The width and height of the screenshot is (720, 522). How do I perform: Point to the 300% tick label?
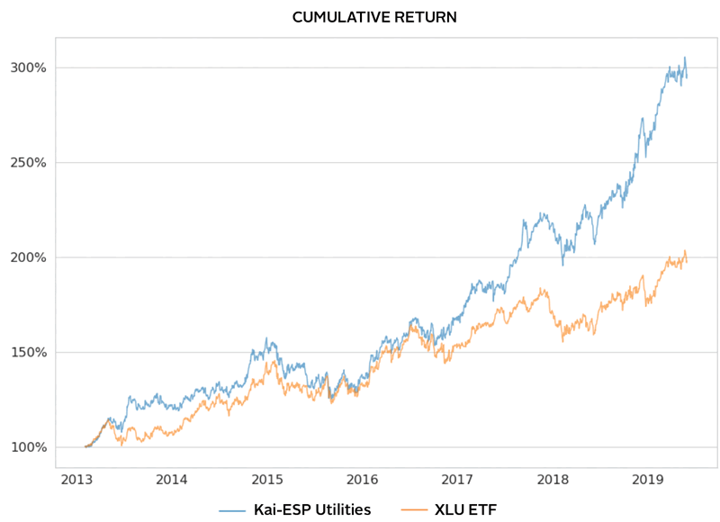30,67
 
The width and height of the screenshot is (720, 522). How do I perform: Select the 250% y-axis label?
30,163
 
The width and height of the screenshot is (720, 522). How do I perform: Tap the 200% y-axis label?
30,257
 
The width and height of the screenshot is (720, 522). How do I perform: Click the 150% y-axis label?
30,353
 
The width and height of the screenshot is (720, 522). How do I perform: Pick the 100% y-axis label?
30,447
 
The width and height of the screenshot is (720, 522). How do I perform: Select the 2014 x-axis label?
172,481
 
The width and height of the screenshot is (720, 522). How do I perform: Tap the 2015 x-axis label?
267,481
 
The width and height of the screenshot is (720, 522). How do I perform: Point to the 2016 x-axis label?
363,481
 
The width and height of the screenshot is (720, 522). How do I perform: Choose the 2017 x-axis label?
458,481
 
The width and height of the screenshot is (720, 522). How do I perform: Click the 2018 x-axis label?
553,481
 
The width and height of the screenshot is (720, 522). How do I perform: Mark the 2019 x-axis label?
648,481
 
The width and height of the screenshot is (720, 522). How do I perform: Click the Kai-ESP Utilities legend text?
310,509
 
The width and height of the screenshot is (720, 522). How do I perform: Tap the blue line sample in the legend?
231,510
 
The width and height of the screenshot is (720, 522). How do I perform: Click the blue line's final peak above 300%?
684,58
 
